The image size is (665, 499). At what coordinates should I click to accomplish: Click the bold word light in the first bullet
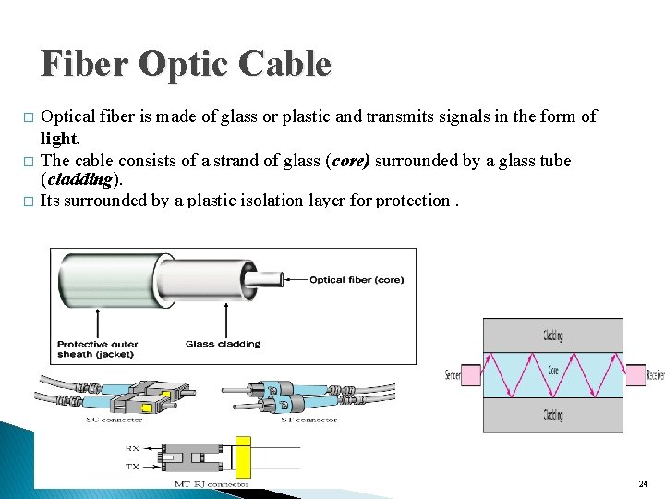point(60,138)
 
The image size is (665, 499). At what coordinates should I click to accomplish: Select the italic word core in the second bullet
point(347,161)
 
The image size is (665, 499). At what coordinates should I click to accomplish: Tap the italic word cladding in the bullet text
point(79,179)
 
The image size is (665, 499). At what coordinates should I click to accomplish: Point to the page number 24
point(642,484)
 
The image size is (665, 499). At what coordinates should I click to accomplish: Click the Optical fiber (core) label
point(356,280)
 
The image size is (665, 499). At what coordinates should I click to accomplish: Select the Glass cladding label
point(223,344)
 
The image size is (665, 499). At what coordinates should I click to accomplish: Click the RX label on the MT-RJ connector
point(133,448)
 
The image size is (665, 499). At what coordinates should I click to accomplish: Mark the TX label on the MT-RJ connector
point(133,467)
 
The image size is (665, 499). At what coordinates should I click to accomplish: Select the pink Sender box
point(470,374)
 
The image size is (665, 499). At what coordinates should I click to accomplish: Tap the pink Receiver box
point(635,374)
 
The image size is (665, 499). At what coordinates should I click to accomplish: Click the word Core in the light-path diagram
point(551,371)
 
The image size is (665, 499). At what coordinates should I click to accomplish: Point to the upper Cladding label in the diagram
point(553,335)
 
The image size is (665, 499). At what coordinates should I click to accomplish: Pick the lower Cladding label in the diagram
point(553,415)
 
